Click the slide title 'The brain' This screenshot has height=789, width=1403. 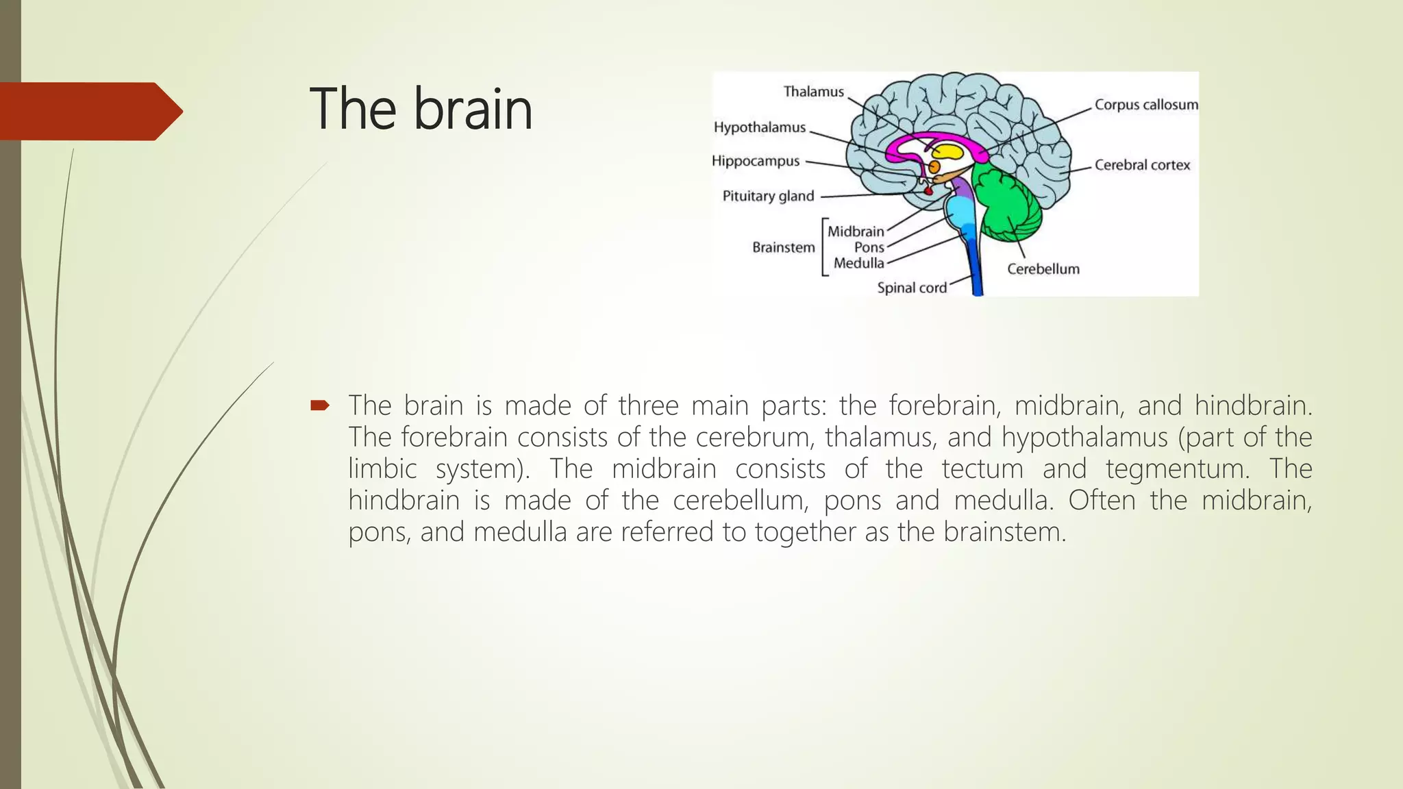point(421,110)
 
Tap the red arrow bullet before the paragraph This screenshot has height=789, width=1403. point(319,405)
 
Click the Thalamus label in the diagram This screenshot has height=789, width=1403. point(813,92)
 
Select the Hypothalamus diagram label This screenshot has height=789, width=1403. point(759,127)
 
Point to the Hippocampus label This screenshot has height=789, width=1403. point(755,161)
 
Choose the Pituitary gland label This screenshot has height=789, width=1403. point(768,197)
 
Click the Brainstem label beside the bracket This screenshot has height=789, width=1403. point(783,247)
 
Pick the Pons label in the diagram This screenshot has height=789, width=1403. point(869,247)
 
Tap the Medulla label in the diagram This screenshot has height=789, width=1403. point(858,263)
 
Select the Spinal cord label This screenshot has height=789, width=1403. point(911,288)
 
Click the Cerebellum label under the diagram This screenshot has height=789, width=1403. point(1043,269)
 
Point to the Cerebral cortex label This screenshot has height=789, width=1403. point(1142,165)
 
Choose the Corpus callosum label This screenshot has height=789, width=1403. point(1146,105)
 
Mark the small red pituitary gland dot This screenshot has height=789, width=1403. point(929,191)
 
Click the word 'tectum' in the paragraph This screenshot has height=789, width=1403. point(982,469)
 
